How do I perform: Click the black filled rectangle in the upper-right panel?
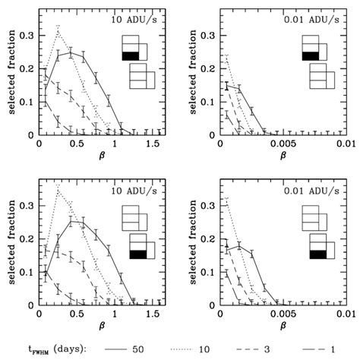coord(310,55)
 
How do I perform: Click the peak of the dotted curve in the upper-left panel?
coord(58,28)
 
